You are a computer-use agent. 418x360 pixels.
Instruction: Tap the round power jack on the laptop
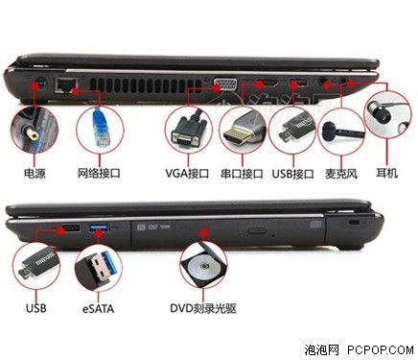(40, 83)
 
